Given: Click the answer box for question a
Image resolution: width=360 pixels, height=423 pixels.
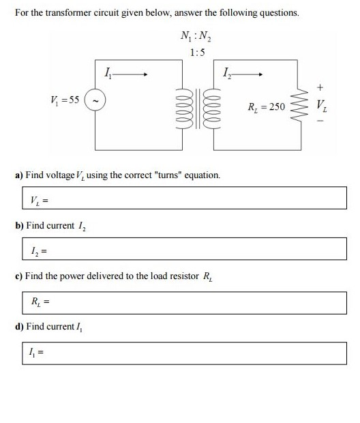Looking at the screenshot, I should click(x=181, y=199).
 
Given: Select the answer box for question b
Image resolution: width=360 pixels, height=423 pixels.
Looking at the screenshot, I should click(x=181, y=249).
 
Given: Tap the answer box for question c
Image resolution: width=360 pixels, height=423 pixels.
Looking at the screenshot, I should click(x=181, y=301).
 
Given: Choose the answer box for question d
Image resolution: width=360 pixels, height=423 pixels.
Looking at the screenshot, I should click(x=181, y=352).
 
